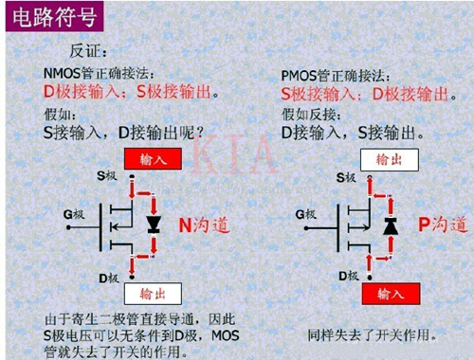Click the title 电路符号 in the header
tap(44, 19)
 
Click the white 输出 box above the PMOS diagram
tap(388, 158)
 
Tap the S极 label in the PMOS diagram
tap(345, 176)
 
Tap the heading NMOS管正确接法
tap(98, 74)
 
